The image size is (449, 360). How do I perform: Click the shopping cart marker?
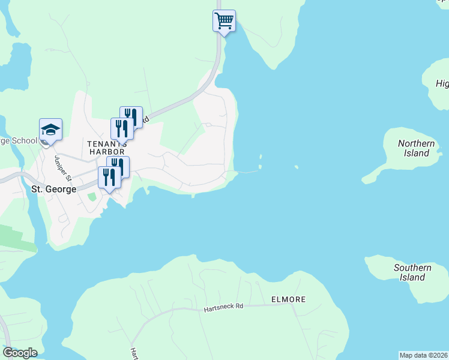tap(224, 21)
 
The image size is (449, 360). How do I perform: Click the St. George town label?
tap(53, 189)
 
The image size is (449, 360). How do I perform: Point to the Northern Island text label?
tap(416, 148)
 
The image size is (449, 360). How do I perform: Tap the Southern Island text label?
tap(412, 272)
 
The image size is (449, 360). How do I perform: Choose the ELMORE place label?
tap(288, 299)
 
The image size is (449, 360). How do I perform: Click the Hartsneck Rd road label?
tap(223, 307)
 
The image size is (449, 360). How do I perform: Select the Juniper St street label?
tap(62, 169)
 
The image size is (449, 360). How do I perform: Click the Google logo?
tap(20, 353)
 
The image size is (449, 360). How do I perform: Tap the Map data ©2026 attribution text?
tap(423, 355)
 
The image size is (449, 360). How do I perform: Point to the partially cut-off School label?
tap(18, 142)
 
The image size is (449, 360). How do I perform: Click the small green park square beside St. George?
tap(91, 197)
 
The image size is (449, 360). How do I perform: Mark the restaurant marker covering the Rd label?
tap(131, 116)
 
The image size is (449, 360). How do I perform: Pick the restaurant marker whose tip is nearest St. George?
tap(109, 178)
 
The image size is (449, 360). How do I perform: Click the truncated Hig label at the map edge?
tap(442, 83)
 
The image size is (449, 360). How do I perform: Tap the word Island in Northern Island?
tap(416, 153)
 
